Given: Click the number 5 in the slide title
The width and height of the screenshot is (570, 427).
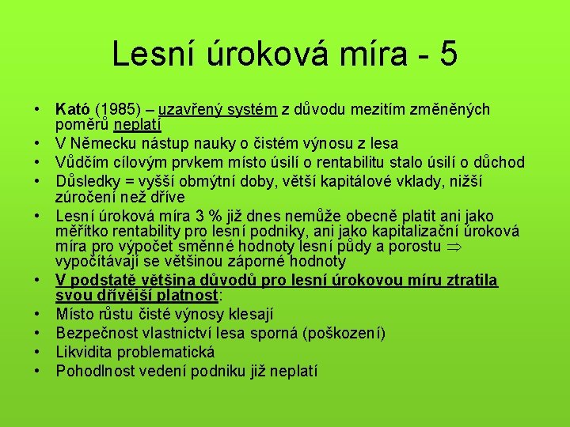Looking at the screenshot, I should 446,55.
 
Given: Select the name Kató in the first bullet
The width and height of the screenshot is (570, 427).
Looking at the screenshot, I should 73,108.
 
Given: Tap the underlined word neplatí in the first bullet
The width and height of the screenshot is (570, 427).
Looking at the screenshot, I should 137,124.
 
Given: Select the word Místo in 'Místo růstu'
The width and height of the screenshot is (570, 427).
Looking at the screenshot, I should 75,314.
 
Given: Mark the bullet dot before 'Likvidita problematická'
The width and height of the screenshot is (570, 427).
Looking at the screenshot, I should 37,352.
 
